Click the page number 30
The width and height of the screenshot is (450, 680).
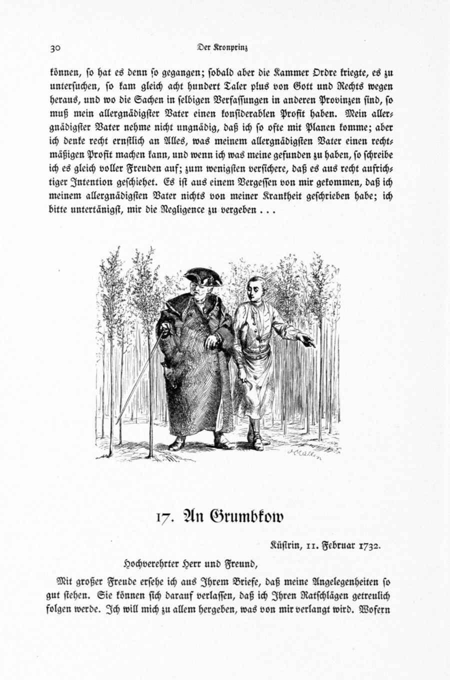pyautogui.click(x=54, y=48)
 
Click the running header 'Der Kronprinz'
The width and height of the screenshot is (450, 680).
pyautogui.click(x=223, y=48)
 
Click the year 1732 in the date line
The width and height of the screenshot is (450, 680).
pyautogui.click(x=370, y=545)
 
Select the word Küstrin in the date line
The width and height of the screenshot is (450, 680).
pyautogui.click(x=286, y=545)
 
